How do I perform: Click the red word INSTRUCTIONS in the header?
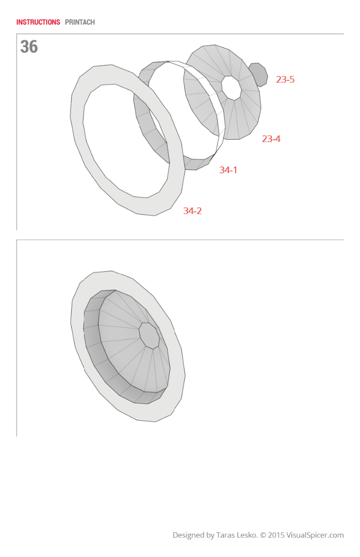click(38, 22)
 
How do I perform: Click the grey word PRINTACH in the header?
click(80, 22)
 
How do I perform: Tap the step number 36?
click(29, 47)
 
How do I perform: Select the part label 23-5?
click(285, 79)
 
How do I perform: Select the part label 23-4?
click(271, 139)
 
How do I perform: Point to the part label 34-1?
click(228, 170)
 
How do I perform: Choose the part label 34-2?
click(192, 211)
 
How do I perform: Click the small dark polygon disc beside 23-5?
click(258, 75)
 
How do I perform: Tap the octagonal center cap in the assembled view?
click(150, 336)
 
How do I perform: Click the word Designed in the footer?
click(188, 535)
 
